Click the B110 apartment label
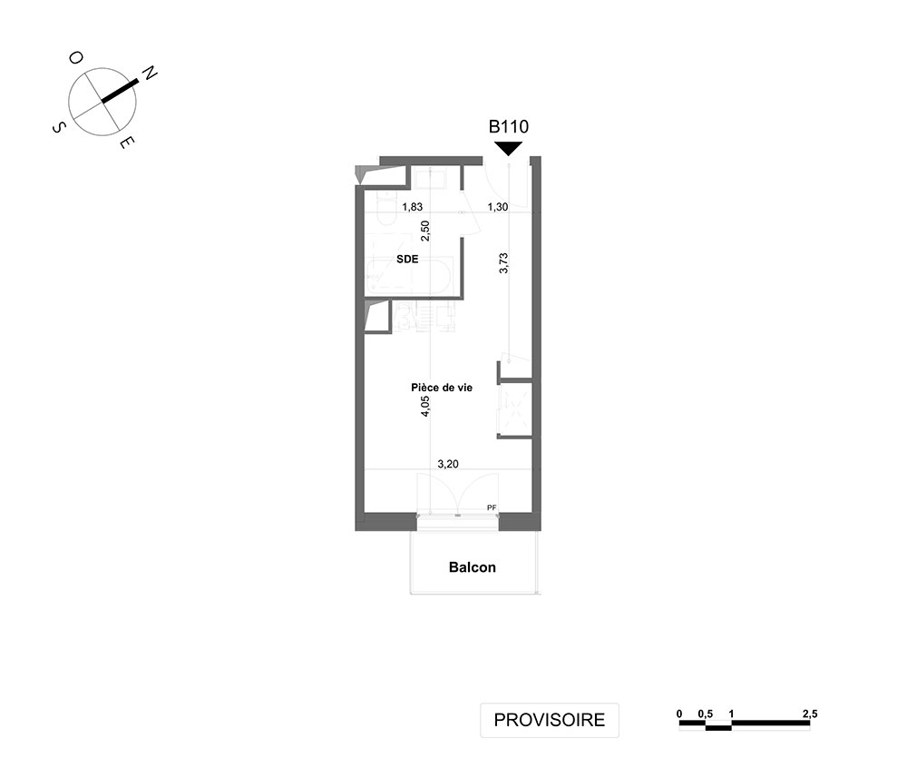(x=509, y=126)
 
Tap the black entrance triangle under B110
(x=509, y=148)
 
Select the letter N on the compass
(x=150, y=73)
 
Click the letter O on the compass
(x=76, y=57)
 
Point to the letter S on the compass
(x=58, y=127)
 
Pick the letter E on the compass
(x=128, y=143)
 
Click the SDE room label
(x=407, y=259)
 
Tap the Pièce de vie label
(x=442, y=388)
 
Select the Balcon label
(x=472, y=566)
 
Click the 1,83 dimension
(x=413, y=207)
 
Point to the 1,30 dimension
(x=497, y=207)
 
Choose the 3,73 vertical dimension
(x=503, y=262)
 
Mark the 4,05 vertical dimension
(x=425, y=407)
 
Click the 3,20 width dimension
(x=448, y=464)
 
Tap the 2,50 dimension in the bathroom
(x=425, y=231)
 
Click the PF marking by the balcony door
(x=492, y=507)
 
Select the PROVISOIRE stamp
(x=550, y=720)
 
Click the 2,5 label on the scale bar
(x=810, y=714)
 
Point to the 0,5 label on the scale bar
(x=705, y=714)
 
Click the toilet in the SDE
(x=385, y=210)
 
